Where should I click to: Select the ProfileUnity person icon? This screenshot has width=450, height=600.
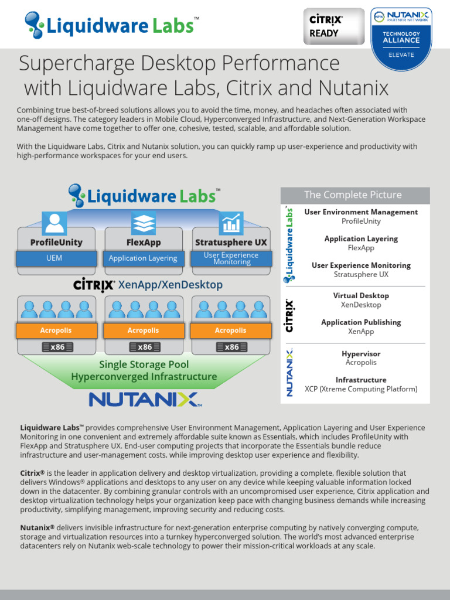[x=54, y=223]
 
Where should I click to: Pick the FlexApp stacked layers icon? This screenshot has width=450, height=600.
[x=144, y=223]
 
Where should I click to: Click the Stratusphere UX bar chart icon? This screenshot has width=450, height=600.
[x=231, y=223]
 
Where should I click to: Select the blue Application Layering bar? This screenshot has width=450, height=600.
[x=143, y=258]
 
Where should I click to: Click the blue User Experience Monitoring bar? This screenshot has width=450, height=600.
[x=231, y=258]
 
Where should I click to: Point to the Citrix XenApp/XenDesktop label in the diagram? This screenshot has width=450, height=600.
[x=148, y=285]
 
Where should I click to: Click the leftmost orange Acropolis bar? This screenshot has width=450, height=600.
[x=56, y=330]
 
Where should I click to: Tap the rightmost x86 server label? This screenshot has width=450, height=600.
[x=231, y=347]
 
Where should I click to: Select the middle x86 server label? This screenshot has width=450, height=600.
[x=144, y=347]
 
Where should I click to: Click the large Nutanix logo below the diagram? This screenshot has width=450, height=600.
[x=144, y=400]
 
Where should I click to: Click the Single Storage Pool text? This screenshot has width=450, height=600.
[x=144, y=364]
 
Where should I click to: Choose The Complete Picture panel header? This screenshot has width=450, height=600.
[x=355, y=195]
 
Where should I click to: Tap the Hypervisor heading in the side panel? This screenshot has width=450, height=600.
[x=361, y=354]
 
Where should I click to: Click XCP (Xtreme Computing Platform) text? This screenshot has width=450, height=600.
[x=361, y=389]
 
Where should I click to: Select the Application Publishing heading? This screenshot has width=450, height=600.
[x=361, y=322]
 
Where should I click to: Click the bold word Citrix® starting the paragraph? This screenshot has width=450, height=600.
[x=32, y=473]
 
